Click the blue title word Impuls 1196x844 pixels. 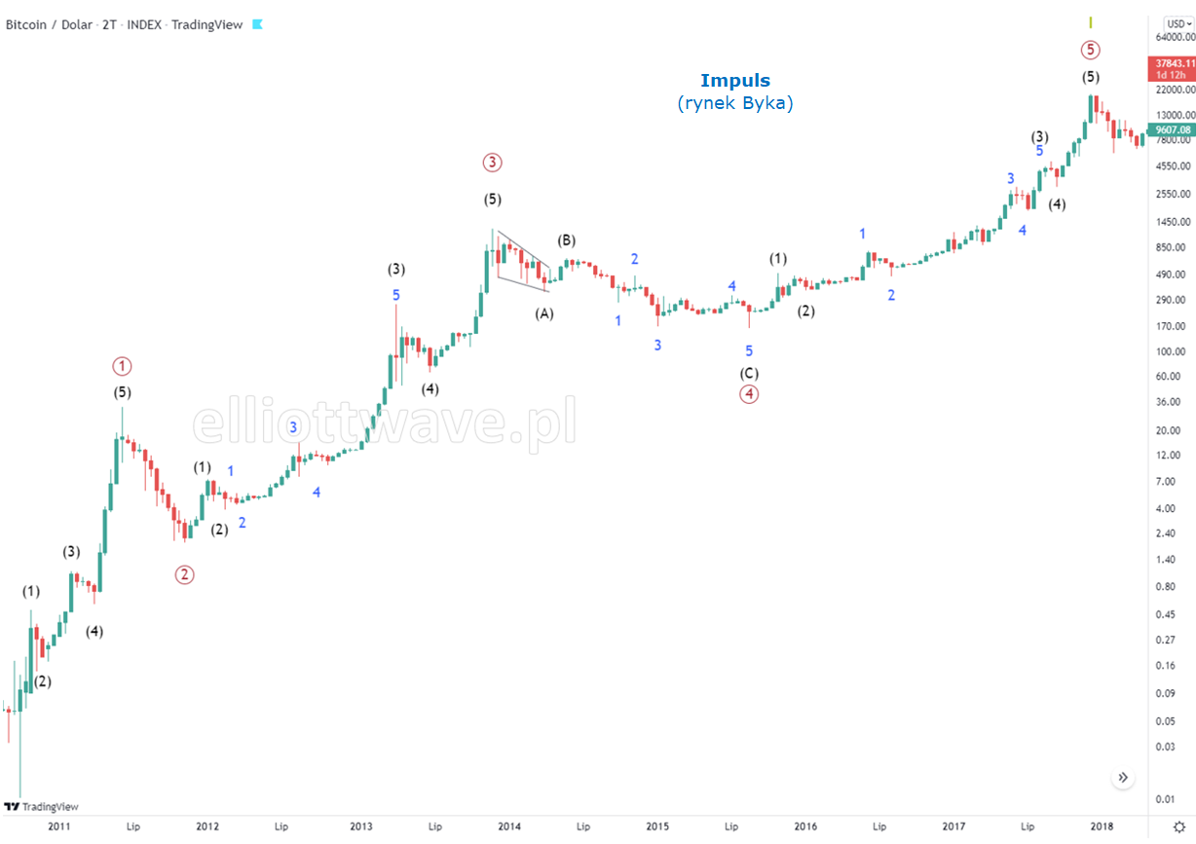click(x=735, y=80)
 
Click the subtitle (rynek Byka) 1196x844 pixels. click(x=735, y=102)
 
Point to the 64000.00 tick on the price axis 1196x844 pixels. click(x=1175, y=38)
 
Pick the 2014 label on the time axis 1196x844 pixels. click(x=509, y=826)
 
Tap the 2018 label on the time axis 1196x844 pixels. click(x=1102, y=826)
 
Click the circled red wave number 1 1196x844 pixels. click(x=122, y=366)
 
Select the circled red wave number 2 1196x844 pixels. click(x=184, y=574)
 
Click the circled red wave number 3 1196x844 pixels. click(x=493, y=163)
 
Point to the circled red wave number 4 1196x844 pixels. click(x=748, y=393)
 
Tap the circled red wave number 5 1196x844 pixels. click(x=1091, y=50)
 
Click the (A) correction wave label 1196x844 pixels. click(x=544, y=313)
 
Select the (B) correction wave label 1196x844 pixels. click(x=567, y=240)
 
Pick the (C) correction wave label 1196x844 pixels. click(x=749, y=373)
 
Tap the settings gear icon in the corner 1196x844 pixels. click(x=1177, y=826)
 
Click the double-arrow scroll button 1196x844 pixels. click(x=1123, y=778)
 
